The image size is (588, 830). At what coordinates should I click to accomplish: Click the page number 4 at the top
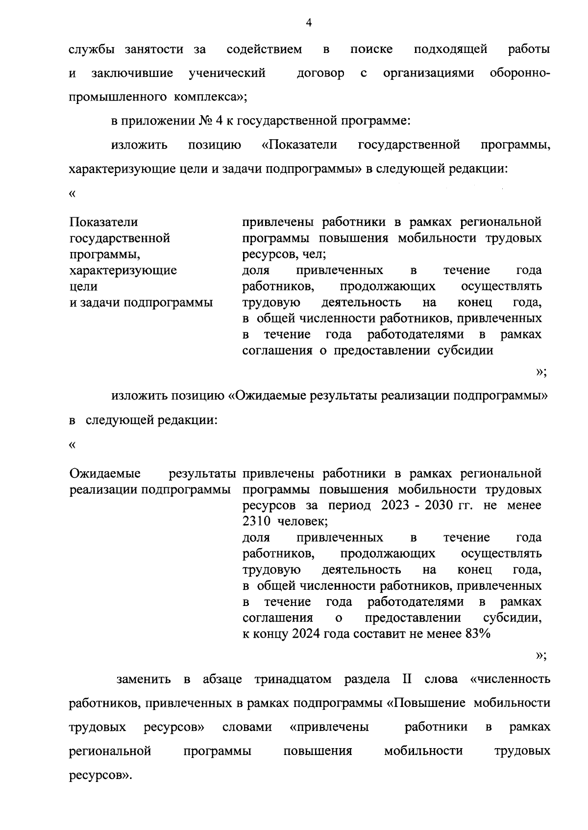click(x=308, y=23)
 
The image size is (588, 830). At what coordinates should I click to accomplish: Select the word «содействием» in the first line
click(x=264, y=50)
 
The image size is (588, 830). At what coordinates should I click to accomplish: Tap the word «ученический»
click(x=227, y=74)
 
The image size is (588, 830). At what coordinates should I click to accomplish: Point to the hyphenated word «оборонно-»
click(x=520, y=74)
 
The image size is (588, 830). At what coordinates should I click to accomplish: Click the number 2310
click(x=257, y=522)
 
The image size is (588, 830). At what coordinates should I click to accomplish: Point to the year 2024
click(x=308, y=633)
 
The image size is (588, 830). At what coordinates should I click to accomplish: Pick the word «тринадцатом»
click(x=293, y=679)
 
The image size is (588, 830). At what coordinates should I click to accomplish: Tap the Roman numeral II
click(x=407, y=679)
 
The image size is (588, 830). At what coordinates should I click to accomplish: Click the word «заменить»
click(x=144, y=679)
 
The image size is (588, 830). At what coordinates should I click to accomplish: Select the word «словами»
click(x=247, y=727)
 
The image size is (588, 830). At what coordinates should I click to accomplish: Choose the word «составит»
click(x=382, y=633)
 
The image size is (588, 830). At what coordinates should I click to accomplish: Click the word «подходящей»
click(x=450, y=50)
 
